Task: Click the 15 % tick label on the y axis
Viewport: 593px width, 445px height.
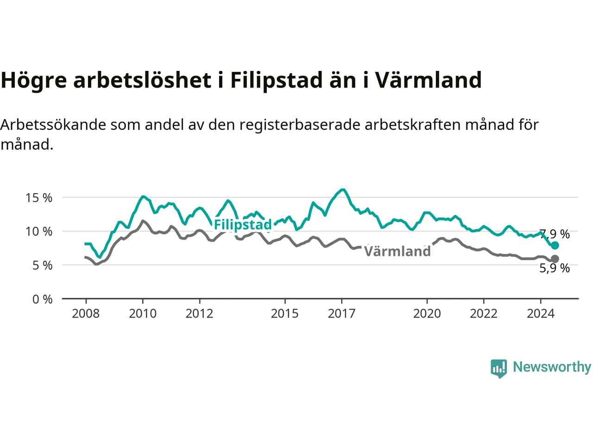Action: (38, 198)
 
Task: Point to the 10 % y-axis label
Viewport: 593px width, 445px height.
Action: (38, 232)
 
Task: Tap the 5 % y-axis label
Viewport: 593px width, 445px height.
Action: (43, 266)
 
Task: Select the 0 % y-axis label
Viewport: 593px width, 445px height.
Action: (43, 299)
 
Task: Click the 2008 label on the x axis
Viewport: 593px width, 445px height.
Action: (86, 314)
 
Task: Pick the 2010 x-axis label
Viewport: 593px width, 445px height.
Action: (143, 314)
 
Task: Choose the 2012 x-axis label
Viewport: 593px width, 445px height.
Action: (199, 314)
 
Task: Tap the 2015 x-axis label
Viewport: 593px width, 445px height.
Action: (285, 314)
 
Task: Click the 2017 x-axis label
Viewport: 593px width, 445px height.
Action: (341, 314)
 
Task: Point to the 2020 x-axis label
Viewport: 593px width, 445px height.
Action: (427, 314)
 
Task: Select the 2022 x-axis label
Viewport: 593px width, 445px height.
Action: (484, 314)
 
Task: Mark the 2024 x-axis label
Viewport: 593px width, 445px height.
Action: (541, 314)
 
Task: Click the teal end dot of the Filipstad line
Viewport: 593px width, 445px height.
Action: (555, 245)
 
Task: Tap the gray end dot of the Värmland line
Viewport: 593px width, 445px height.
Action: (555, 259)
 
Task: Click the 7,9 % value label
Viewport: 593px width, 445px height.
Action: (555, 234)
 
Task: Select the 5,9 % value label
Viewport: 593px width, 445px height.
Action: (555, 268)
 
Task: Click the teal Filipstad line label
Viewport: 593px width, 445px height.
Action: (243, 224)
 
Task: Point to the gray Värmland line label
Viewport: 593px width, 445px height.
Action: (397, 251)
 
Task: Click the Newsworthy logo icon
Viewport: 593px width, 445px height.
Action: (498, 369)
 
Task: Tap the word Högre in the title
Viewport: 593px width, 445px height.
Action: (34, 81)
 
